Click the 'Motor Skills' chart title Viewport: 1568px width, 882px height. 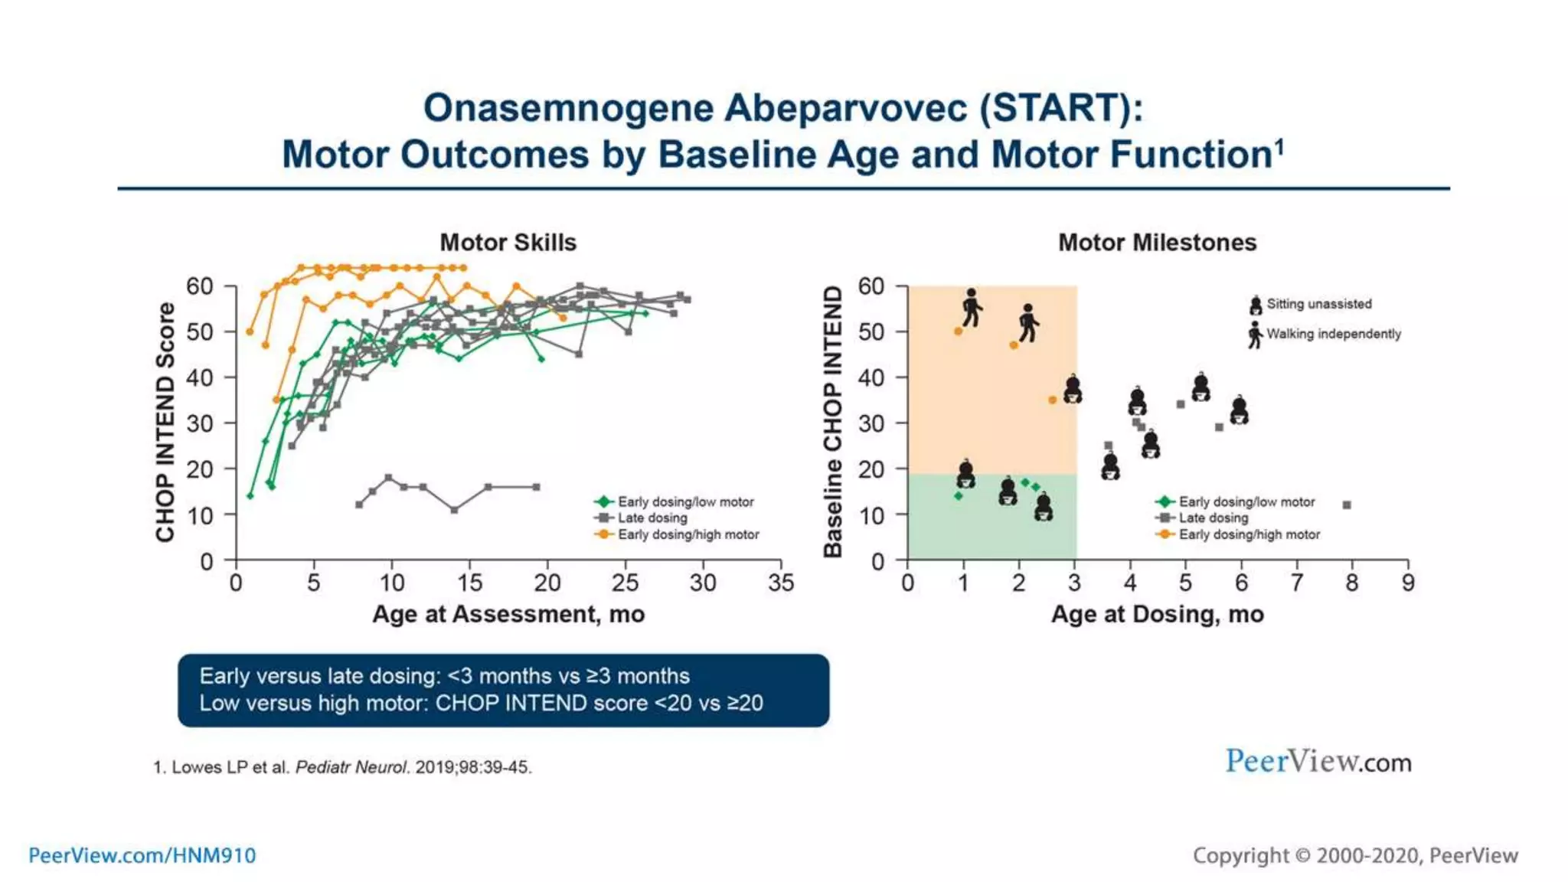pyautogui.click(x=508, y=243)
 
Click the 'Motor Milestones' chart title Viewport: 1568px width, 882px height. pyautogui.click(x=1157, y=243)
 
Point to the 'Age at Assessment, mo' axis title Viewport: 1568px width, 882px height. pyautogui.click(x=508, y=614)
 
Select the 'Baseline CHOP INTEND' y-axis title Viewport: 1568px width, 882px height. pyautogui.click(x=833, y=423)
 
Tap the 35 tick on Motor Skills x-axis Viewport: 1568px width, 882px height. pyautogui.click(x=781, y=583)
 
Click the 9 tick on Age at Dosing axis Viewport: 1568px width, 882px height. pyautogui.click(x=1407, y=583)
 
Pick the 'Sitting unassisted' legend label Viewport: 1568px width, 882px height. pyautogui.click(x=1318, y=304)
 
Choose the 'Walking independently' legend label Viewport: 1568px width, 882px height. pyautogui.click(x=1333, y=334)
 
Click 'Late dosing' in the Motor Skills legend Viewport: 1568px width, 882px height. pyautogui.click(x=652, y=518)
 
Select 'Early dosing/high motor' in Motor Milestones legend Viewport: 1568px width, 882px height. pyautogui.click(x=1249, y=534)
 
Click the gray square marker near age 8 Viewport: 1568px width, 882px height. pyautogui.click(x=1347, y=505)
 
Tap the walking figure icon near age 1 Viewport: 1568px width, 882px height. pyautogui.click(x=972, y=308)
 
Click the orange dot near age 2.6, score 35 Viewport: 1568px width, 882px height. pyautogui.click(x=1052, y=400)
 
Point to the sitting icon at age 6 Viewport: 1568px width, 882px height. pyautogui.click(x=1240, y=410)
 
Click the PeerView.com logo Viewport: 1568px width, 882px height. pyautogui.click(x=1318, y=762)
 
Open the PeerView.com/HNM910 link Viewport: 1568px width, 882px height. pyautogui.click(x=142, y=855)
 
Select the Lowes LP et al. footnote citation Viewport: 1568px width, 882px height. pyautogui.click(x=342, y=767)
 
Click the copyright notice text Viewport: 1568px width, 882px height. pyautogui.click(x=1354, y=855)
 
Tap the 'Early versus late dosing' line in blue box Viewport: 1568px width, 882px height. pyautogui.click(x=444, y=676)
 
